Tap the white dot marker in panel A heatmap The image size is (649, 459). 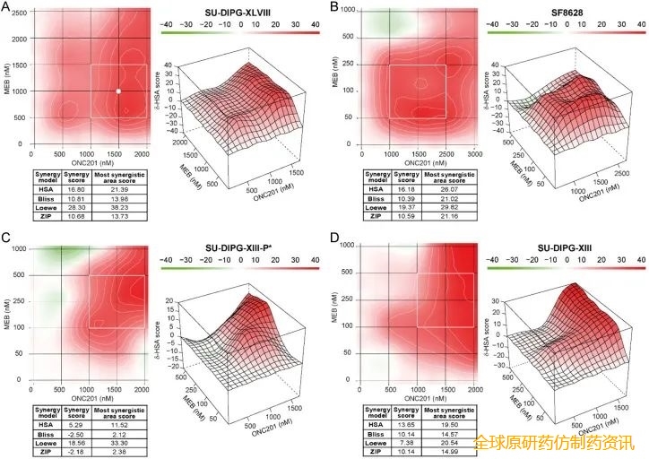(x=118, y=91)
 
